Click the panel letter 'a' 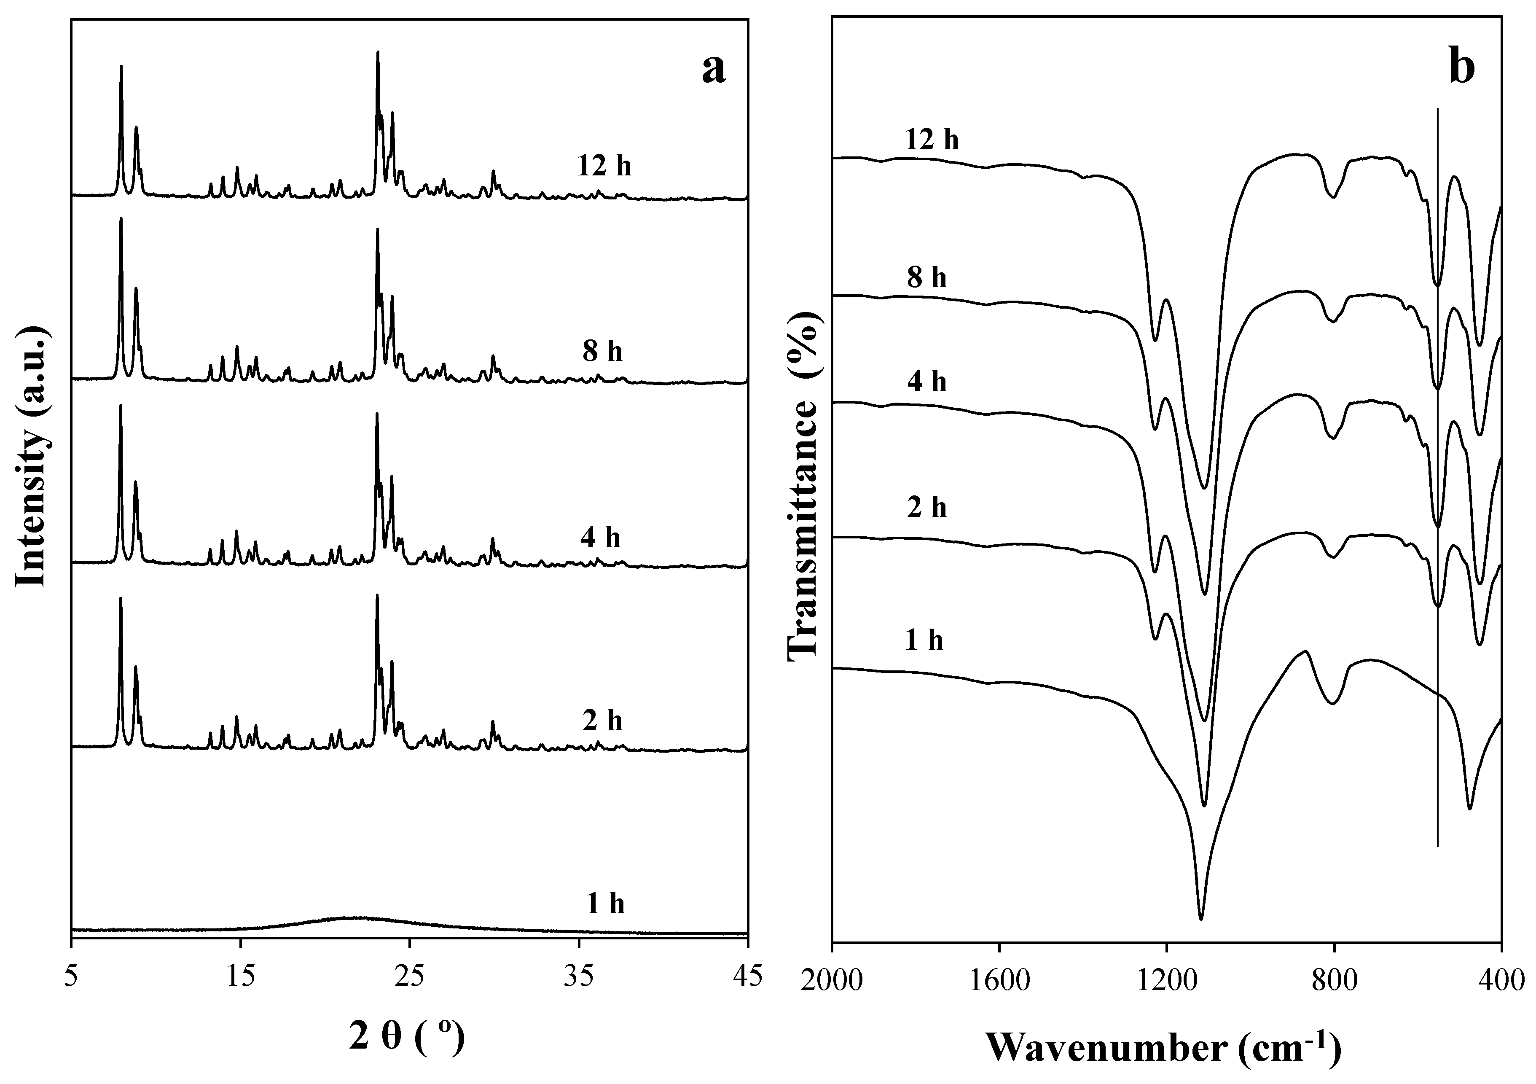coord(713,69)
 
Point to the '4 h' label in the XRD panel coord(600,537)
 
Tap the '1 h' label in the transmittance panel coord(924,640)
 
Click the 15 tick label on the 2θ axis coord(240,977)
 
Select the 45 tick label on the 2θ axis coord(747,977)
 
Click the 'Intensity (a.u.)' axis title coord(32,457)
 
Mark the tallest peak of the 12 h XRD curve coord(378,52)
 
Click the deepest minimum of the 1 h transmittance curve coord(1201,919)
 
